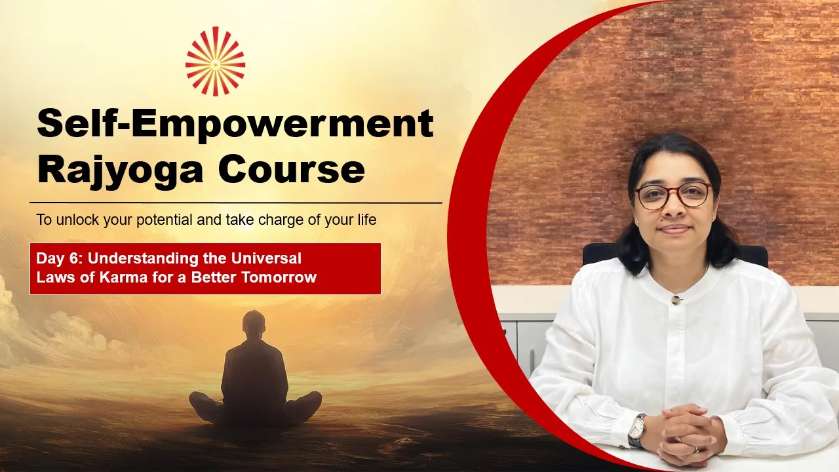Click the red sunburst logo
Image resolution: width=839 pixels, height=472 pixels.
click(x=216, y=61)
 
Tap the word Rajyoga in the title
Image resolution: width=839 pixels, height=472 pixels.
click(x=120, y=171)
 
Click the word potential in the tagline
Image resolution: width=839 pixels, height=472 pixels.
click(x=165, y=220)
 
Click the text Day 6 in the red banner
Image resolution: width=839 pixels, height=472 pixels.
click(x=60, y=258)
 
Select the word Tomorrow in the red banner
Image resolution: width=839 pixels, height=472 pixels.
click(x=279, y=277)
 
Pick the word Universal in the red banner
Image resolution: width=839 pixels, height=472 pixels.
click(x=266, y=258)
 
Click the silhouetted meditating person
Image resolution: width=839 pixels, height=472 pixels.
click(x=255, y=371)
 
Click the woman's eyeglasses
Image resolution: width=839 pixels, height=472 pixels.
click(x=673, y=196)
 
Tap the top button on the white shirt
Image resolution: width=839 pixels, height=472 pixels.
click(x=676, y=300)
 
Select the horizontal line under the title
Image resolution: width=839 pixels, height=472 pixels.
click(x=236, y=203)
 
